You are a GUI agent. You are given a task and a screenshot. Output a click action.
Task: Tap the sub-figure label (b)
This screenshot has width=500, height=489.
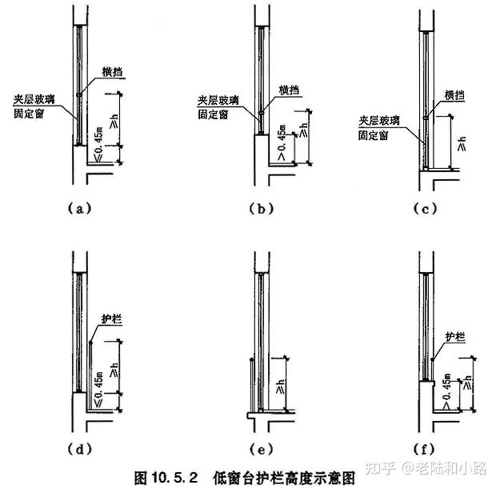(262, 209)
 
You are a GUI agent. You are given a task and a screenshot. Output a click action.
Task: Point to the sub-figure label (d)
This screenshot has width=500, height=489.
(77, 447)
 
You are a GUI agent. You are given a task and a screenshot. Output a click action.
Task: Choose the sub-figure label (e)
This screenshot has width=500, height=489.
(262, 447)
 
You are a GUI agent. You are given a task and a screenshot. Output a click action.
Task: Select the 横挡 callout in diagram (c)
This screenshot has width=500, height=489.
(454, 95)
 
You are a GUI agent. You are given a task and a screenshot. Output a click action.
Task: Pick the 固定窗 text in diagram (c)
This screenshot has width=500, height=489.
(373, 136)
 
